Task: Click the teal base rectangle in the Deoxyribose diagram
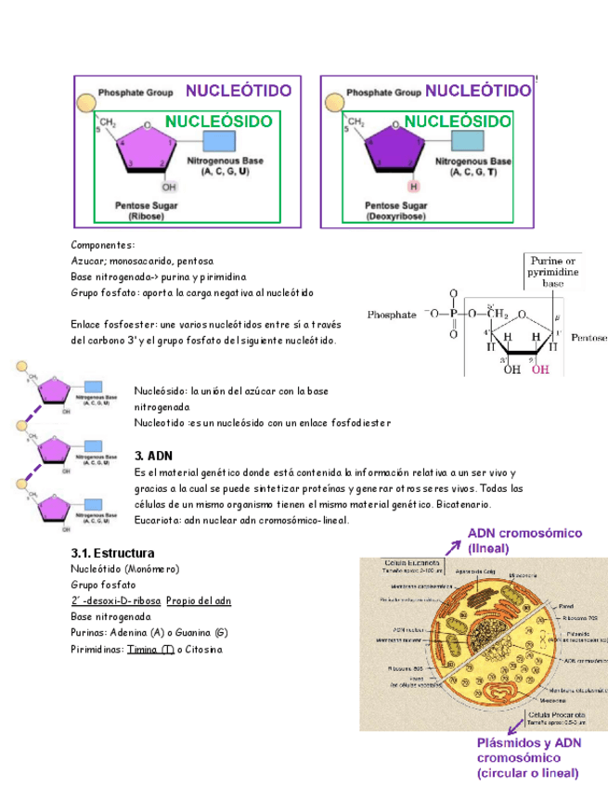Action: coord(467,142)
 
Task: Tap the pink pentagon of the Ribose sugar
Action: coord(149,149)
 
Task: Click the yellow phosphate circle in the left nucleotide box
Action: coord(84,98)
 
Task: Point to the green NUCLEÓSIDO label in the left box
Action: coord(219,122)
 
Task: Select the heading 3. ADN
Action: coord(154,457)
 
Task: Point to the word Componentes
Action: coord(102,245)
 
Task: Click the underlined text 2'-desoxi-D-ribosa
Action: coord(115,600)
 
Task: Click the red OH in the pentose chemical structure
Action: coord(540,369)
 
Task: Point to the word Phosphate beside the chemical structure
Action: coord(393,316)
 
